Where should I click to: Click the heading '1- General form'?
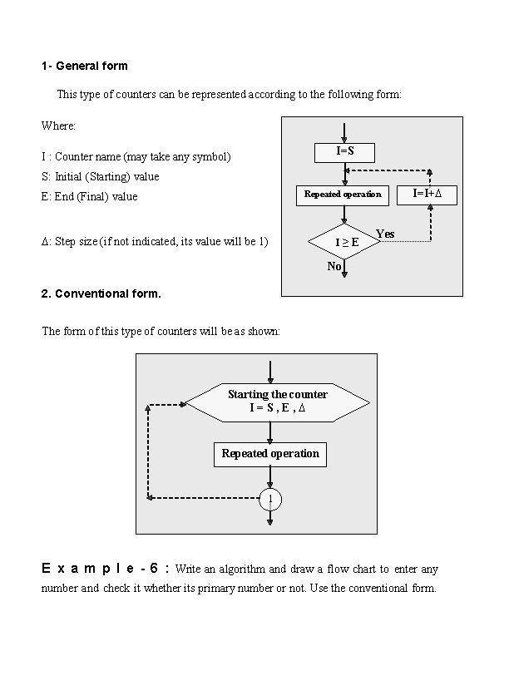84,65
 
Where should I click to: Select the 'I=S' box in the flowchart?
344,152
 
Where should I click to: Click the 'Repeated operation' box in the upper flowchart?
343,195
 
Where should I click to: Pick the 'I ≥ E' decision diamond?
345,242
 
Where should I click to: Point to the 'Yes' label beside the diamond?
385,234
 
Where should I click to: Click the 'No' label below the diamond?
334,266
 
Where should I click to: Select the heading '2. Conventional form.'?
101,293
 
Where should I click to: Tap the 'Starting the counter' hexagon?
277,401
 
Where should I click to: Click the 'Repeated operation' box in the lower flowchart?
270,454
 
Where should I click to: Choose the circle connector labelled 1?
270,499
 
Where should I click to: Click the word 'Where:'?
58,126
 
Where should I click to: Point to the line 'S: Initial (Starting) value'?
100,176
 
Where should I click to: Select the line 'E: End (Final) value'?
90,197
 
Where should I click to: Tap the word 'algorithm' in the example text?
241,569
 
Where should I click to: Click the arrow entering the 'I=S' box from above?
344,133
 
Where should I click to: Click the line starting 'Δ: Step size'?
155,242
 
